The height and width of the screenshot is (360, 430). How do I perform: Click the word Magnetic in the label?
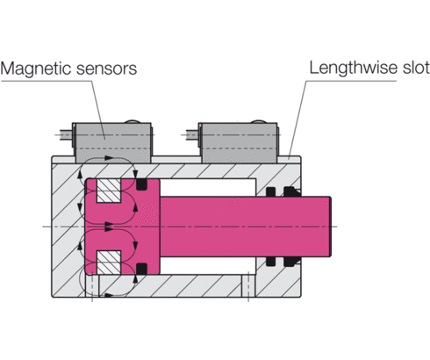[x=34, y=67]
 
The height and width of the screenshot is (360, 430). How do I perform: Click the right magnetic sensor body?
[x=240, y=140]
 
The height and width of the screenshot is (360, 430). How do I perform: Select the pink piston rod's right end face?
[x=334, y=227]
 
